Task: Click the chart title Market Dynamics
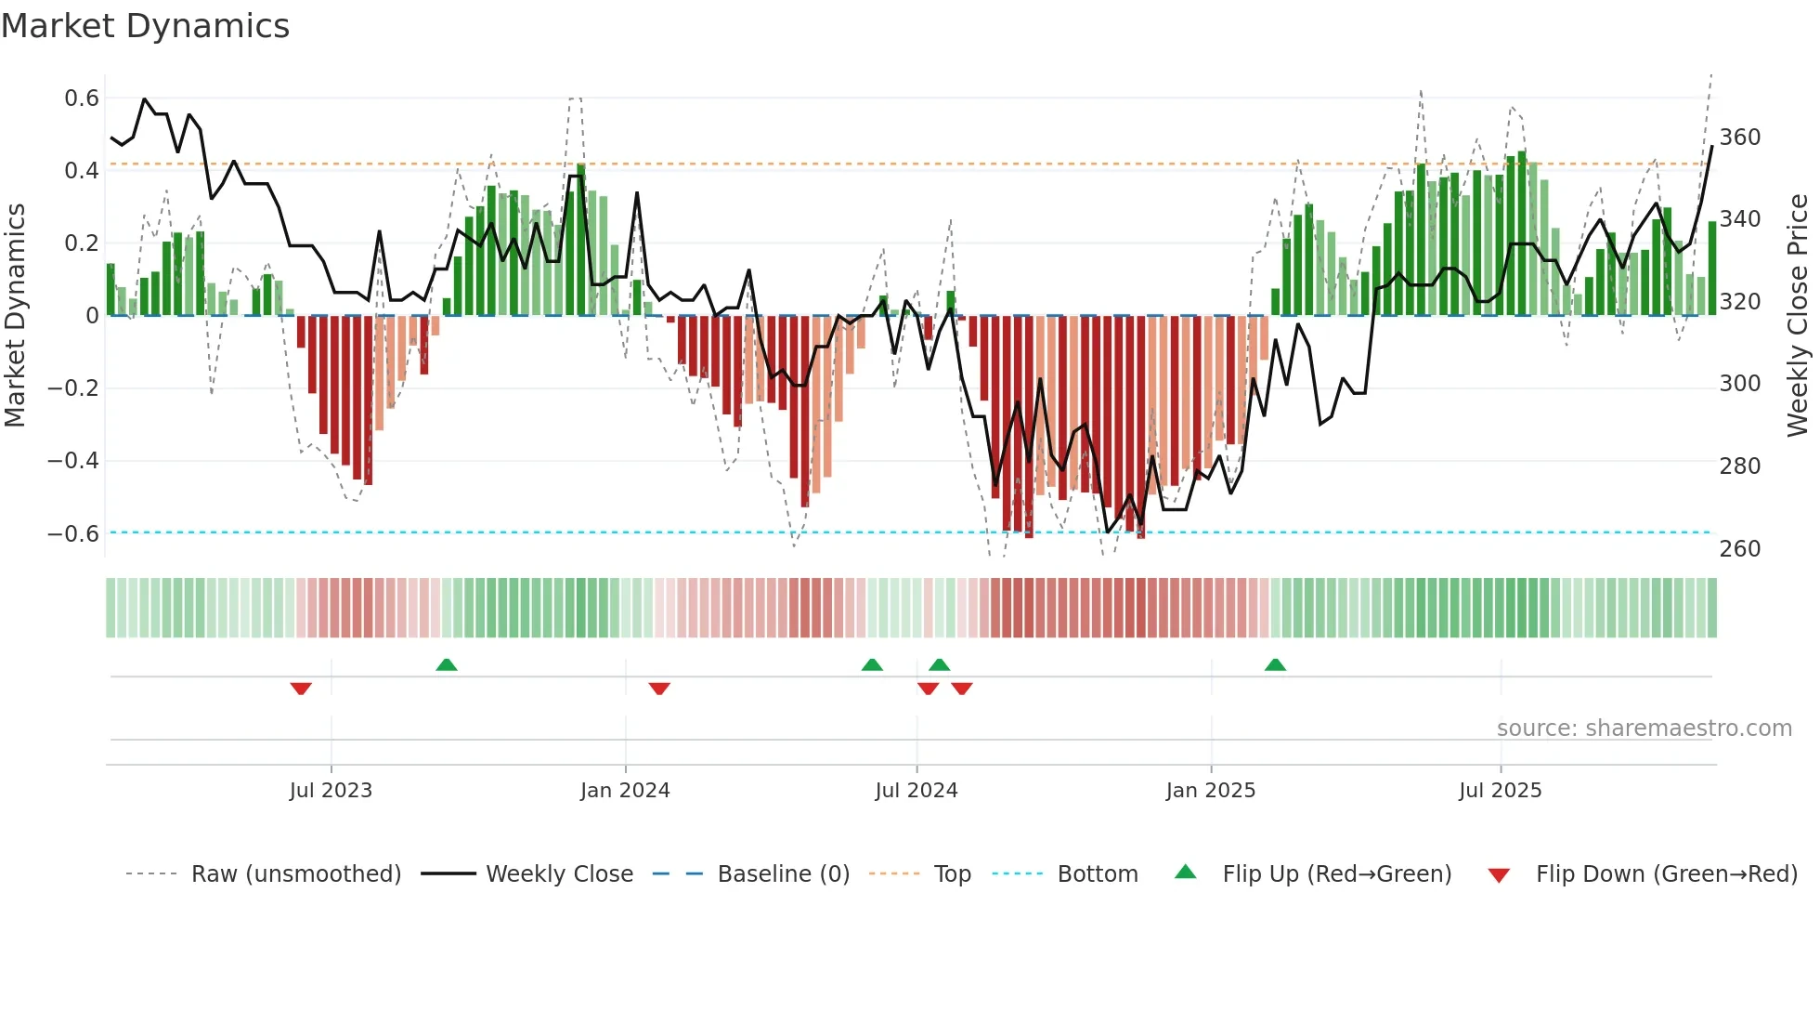click(145, 26)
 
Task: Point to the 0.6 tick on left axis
click(82, 98)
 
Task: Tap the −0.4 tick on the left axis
click(73, 461)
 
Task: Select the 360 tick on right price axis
click(1739, 138)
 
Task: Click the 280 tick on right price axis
click(1739, 466)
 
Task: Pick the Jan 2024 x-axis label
click(625, 791)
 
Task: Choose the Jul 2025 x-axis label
click(1500, 791)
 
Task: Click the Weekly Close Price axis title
click(1798, 316)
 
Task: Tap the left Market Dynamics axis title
click(15, 316)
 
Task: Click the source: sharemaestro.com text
click(1644, 729)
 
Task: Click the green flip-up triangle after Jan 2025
click(1275, 665)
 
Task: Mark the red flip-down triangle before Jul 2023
click(301, 689)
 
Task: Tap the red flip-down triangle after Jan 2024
click(659, 689)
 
